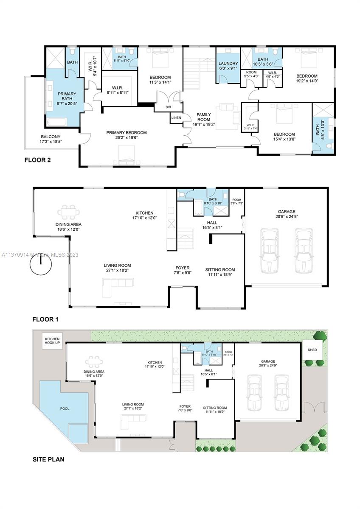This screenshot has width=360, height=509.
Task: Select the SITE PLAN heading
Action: (48, 459)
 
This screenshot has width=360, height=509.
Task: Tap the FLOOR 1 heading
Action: (48, 319)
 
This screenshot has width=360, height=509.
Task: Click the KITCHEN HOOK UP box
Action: (53, 340)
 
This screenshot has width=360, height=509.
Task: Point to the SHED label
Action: (312, 350)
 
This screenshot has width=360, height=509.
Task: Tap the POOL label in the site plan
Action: (65, 408)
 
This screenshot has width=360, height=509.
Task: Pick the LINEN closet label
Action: (177, 117)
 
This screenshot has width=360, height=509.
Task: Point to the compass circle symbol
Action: (41, 266)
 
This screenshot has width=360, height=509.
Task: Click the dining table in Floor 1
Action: (68, 212)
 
